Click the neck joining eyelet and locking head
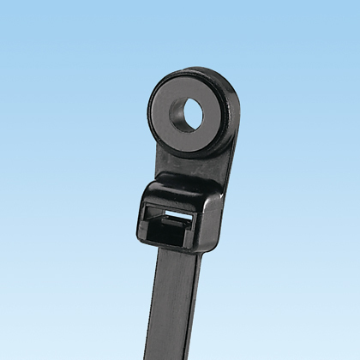[x=183, y=171]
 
